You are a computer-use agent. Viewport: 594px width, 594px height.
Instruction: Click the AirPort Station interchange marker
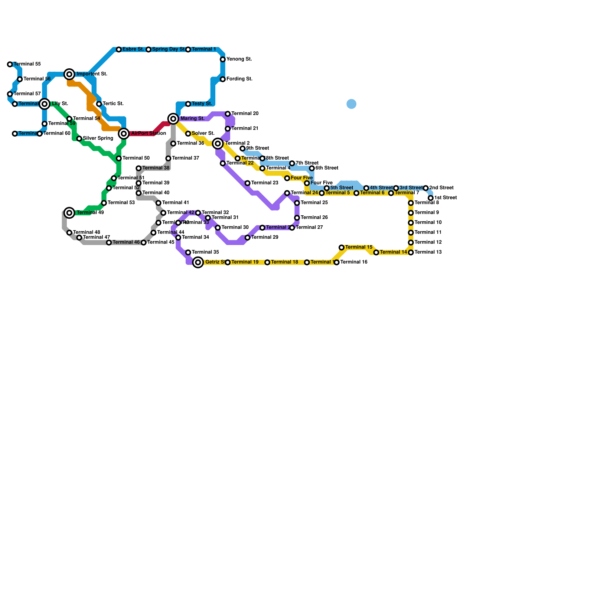(124, 134)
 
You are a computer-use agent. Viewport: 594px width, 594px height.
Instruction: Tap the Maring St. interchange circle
(173, 119)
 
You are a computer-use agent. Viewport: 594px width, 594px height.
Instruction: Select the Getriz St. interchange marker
(198, 262)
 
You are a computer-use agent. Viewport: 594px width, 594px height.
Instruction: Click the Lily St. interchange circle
(45, 104)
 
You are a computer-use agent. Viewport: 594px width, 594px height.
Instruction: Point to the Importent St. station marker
(69, 74)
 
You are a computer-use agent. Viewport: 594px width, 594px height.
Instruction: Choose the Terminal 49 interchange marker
(69, 213)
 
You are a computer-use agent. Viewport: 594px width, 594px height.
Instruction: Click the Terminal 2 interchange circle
(218, 144)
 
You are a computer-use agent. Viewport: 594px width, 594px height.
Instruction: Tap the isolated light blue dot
(352, 104)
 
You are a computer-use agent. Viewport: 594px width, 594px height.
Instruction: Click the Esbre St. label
(133, 49)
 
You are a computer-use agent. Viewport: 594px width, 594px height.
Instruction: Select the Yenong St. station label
(239, 59)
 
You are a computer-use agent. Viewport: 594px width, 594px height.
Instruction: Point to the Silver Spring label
(98, 138)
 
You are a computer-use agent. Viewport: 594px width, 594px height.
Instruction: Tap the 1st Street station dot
(431, 198)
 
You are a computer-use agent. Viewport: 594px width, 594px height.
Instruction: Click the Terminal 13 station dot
(411, 252)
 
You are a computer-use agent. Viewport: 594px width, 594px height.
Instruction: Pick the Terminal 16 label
(354, 262)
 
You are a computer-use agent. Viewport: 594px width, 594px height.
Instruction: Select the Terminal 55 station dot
(10, 65)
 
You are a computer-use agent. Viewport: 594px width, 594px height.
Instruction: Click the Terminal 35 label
(205, 252)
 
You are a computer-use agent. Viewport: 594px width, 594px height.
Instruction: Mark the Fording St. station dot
(223, 79)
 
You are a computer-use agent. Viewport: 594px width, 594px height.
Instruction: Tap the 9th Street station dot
(242, 148)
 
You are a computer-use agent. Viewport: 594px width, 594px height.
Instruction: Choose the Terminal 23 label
(265, 183)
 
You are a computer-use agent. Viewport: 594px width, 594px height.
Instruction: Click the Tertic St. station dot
(99, 104)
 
